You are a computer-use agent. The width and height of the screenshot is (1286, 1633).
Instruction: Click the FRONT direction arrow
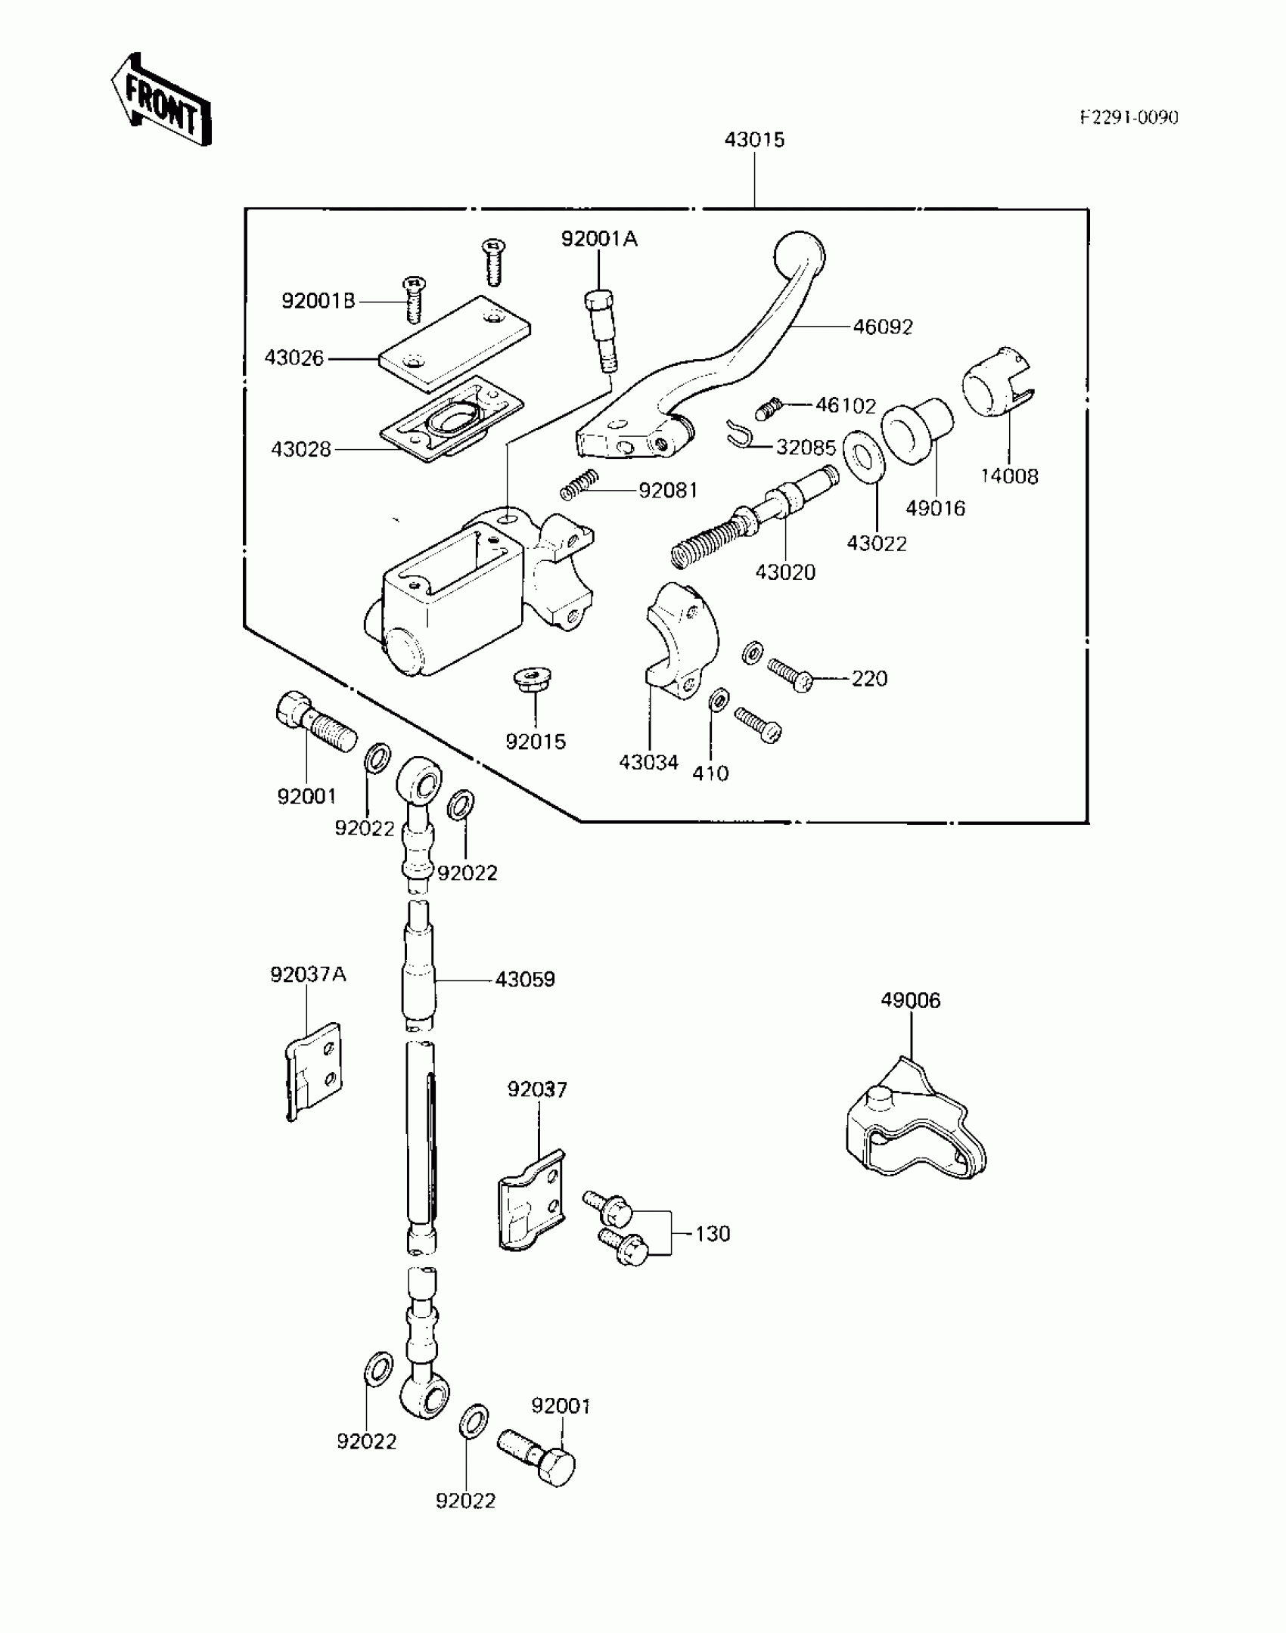[160, 100]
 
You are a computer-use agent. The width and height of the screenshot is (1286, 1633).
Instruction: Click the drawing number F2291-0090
[1128, 117]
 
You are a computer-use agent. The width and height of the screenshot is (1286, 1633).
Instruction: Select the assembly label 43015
[754, 140]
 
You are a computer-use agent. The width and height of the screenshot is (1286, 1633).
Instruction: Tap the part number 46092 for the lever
[883, 327]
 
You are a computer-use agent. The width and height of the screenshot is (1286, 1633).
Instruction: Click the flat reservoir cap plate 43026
[455, 344]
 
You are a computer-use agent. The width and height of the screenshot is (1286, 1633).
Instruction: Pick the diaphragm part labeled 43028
[452, 420]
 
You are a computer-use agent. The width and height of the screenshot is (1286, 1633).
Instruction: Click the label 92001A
[599, 240]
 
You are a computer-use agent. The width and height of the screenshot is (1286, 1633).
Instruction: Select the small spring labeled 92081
[581, 485]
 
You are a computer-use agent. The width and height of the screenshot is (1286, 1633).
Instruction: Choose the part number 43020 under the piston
[785, 572]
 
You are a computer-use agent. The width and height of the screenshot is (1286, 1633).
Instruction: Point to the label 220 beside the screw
[869, 679]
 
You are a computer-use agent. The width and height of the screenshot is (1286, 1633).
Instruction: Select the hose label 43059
[525, 980]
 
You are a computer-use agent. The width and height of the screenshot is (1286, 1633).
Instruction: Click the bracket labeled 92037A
[314, 1071]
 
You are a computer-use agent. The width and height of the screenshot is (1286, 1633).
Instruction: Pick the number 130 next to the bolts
[713, 1234]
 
